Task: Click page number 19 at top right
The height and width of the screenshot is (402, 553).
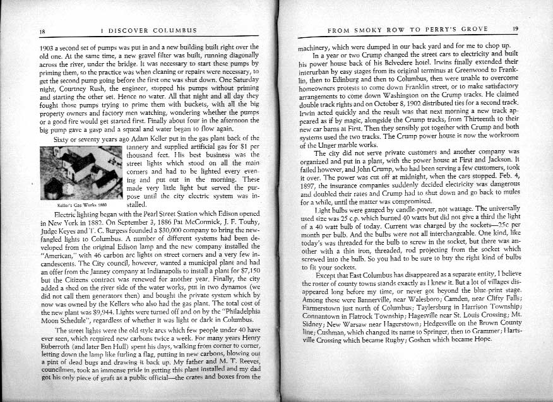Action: pyautogui.click(x=515, y=28)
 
